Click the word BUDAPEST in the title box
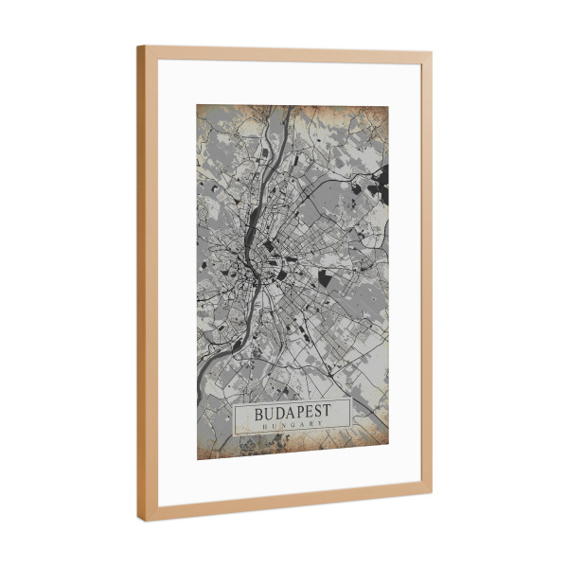pyautogui.click(x=292, y=414)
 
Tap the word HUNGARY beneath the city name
pyautogui.click(x=292, y=427)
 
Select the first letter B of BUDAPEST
pyautogui.click(x=259, y=414)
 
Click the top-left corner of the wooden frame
pyautogui.click(x=137, y=46)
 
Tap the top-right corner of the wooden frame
pyautogui.click(x=432, y=54)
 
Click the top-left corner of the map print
pyautogui.click(x=197, y=105)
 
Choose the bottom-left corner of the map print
pyautogui.click(x=197, y=460)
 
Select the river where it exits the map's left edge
pyautogui.click(x=200, y=391)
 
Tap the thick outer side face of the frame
pyautogui.click(x=141, y=284)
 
